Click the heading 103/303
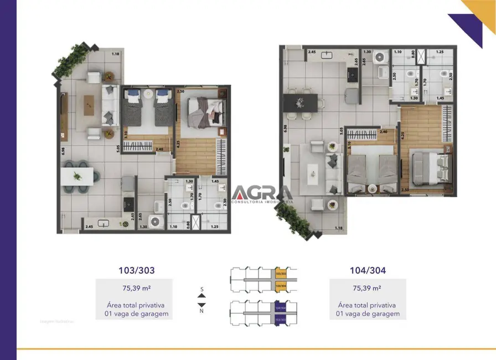click(136, 271)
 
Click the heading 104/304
click(368, 271)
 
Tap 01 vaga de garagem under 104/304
click(368, 314)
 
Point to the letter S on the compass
click(201, 289)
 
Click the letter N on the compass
click(201, 311)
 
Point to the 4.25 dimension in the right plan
click(404, 132)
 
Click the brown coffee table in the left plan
click(89, 105)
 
